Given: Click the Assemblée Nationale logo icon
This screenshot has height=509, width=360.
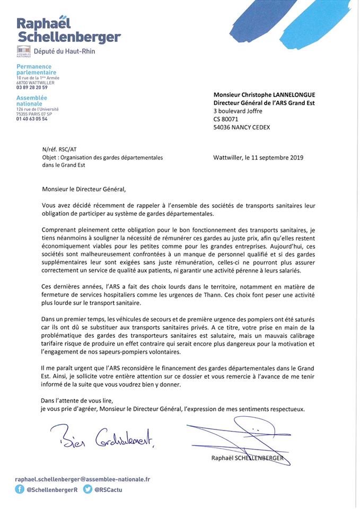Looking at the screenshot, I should (23, 51).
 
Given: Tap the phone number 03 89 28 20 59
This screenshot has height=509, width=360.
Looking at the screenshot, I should (32, 87).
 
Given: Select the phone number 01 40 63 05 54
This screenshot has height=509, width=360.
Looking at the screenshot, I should (32, 119).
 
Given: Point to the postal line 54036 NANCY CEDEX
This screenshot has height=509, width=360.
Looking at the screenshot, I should (242, 127).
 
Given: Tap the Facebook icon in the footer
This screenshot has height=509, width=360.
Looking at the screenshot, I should (20, 489).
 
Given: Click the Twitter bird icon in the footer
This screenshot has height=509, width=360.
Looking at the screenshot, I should (87, 489).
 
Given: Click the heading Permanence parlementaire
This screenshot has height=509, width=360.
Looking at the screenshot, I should (36, 69).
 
